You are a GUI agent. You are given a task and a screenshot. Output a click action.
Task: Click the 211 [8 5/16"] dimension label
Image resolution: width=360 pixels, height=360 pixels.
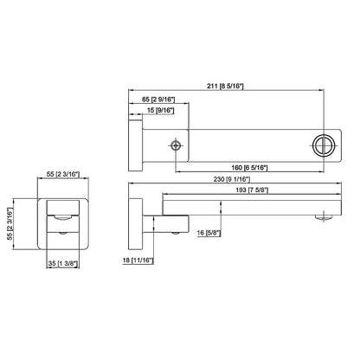click(x=225, y=86)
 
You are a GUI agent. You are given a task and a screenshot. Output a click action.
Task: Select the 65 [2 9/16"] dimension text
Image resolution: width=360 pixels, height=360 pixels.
click(x=158, y=100)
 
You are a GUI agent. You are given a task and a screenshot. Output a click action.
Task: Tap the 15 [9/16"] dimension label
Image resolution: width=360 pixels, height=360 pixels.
click(x=161, y=110)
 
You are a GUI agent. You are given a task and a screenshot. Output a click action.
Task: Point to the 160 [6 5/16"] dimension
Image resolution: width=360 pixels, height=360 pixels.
click(x=249, y=168)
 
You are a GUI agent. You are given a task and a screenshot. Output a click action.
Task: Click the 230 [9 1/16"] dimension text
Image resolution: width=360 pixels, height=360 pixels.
click(x=232, y=179)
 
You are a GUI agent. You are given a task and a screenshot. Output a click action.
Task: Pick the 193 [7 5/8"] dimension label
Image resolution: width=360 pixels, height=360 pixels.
click(x=252, y=190)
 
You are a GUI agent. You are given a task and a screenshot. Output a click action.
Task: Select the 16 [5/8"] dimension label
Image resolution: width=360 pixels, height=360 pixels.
click(x=209, y=233)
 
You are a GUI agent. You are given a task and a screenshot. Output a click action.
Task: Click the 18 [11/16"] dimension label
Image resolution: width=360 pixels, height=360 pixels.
click(x=138, y=260)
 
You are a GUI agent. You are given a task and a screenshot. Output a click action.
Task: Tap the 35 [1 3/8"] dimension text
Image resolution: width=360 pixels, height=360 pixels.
click(x=63, y=263)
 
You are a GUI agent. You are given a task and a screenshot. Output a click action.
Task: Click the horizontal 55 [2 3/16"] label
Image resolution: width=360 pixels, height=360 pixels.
click(x=63, y=174)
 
